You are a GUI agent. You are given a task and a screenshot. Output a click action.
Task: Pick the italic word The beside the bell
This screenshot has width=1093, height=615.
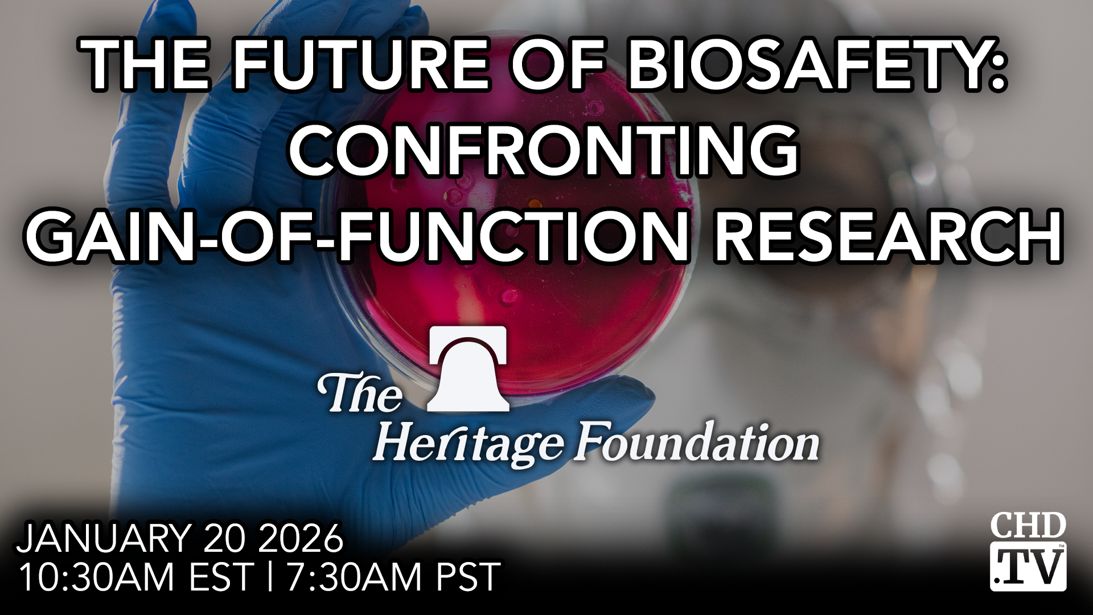tap(360, 393)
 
